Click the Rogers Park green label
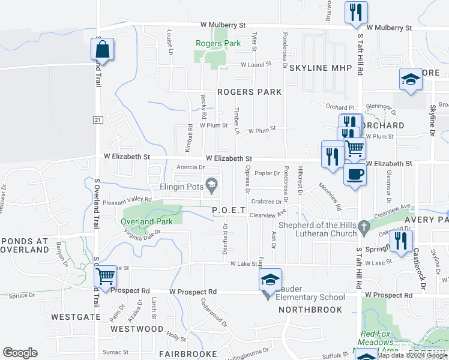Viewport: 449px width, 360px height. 218,43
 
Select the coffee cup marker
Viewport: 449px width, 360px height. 355,175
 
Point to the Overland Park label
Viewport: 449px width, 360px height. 146,221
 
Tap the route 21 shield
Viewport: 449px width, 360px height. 97,120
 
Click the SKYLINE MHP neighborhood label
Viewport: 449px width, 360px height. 320,68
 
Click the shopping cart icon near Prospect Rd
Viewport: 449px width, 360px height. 106,277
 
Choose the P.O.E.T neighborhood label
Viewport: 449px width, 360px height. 229,210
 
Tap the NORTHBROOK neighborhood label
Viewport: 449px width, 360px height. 310,310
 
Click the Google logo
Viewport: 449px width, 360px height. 20,353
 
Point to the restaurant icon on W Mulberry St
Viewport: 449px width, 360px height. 355,13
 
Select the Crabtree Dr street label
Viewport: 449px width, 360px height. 267,202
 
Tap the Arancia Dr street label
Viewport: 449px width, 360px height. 191,167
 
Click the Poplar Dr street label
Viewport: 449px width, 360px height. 268,173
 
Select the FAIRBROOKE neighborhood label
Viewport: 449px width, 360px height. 188,354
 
